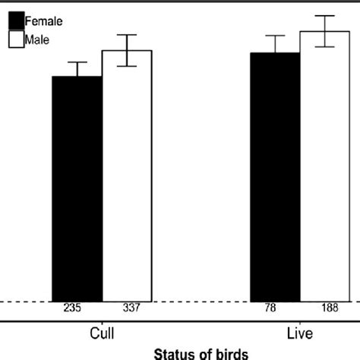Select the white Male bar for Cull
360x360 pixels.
point(127,175)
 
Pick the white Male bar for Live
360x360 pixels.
point(325,166)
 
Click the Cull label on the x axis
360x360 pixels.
point(102,333)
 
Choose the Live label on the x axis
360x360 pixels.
point(299,333)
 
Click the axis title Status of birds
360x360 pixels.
point(202,353)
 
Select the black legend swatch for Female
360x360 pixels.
point(16,21)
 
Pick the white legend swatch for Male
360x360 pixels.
point(16,39)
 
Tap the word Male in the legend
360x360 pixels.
point(38,39)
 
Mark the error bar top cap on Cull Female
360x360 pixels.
point(77,62)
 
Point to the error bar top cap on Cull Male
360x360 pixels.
point(127,35)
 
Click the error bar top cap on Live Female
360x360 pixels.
point(275,36)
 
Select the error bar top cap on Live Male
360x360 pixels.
point(325,16)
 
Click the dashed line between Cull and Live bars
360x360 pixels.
point(201,302)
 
